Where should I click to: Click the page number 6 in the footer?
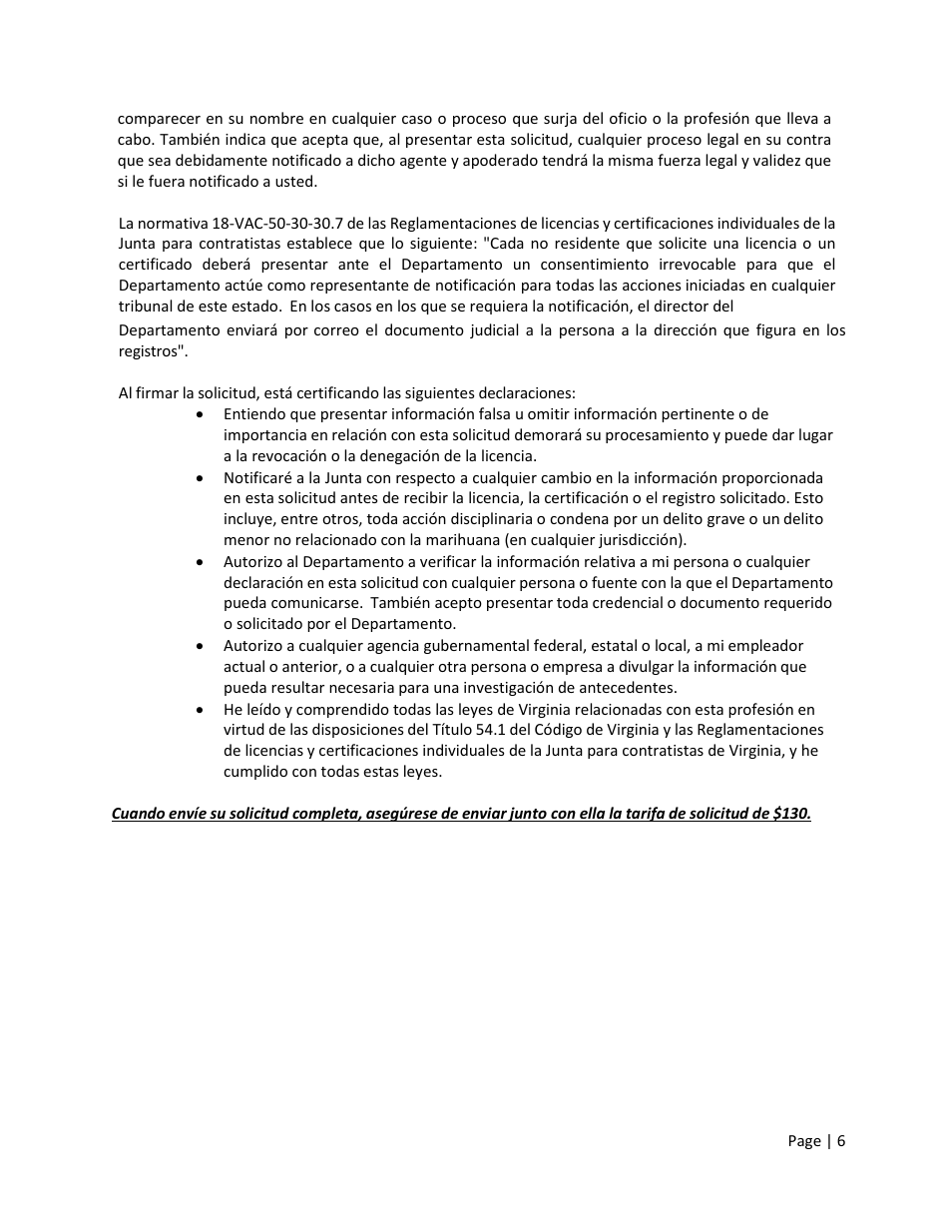tap(841, 1141)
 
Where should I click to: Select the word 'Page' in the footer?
tap(804, 1141)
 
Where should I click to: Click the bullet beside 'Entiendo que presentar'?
tap(203, 414)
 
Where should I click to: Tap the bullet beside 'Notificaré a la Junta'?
tap(203, 478)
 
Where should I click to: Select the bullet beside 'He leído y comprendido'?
tap(203, 709)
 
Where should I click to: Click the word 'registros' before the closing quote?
tap(148, 351)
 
